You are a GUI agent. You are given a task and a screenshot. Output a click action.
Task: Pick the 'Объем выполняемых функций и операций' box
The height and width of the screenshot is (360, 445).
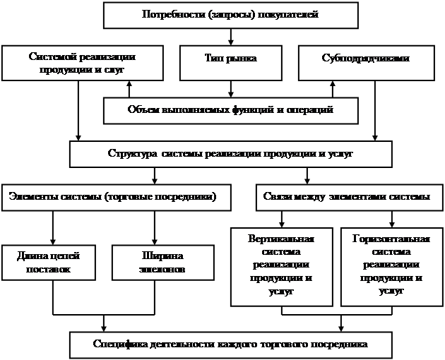[230, 110]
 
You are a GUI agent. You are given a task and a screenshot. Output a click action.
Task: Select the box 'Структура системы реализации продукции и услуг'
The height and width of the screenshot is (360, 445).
[230, 153]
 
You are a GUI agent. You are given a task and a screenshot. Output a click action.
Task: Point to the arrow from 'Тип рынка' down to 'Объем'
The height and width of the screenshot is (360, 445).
[230, 88]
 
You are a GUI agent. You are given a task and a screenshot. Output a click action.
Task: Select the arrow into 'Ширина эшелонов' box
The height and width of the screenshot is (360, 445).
[154, 229]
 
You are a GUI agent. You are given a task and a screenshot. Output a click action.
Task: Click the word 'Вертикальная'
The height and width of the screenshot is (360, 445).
[282, 238]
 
